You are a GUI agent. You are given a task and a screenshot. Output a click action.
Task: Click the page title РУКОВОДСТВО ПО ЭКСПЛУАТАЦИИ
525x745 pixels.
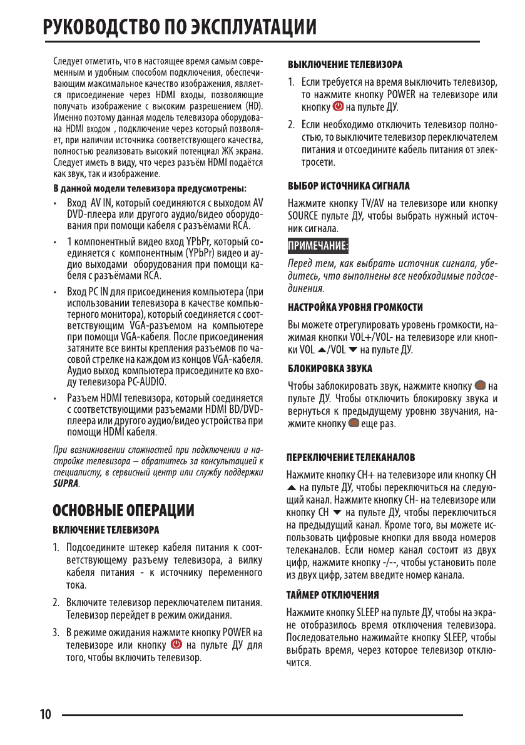tap(179, 28)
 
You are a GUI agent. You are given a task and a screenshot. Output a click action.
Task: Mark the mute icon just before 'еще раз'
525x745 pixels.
tap(353, 424)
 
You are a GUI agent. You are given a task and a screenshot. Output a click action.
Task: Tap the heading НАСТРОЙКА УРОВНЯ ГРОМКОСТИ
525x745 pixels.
tap(354, 307)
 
